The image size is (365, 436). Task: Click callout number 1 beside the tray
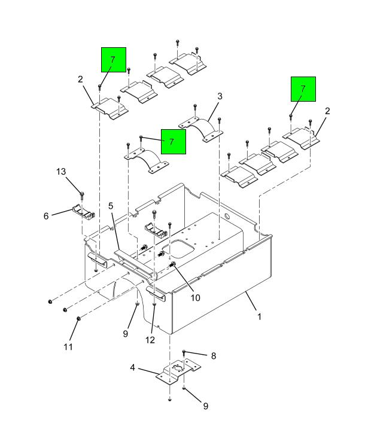click(259, 316)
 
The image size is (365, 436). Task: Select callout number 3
click(220, 96)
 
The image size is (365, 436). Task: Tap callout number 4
click(133, 369)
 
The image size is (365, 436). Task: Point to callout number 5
click(111, 206)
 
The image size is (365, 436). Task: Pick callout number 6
click(46, 216)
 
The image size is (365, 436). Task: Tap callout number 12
click(150, 340)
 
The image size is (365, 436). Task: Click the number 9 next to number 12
click(126, 334)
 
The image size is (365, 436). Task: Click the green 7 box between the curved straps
click(173, 142)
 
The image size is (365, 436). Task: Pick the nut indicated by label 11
click(78, 320)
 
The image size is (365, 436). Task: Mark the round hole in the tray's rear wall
click(227, 216)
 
